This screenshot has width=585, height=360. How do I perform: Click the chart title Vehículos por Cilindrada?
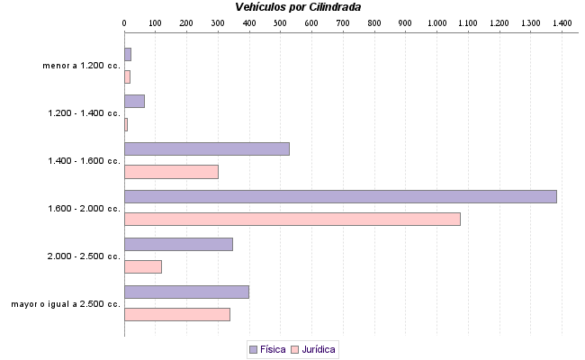point(298,7)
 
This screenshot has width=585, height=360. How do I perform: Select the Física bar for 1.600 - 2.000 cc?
point(340,196)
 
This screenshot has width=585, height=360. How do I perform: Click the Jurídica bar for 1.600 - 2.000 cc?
point(292,219)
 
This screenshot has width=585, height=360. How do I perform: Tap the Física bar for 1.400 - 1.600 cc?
point(206,148)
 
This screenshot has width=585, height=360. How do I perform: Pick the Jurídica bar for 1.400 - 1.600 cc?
point(171,172)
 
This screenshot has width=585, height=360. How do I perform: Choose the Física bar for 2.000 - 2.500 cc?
point(178,244)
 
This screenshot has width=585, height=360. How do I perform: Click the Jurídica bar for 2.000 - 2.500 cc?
point(142,266)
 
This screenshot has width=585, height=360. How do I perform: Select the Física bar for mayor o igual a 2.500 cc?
point(186,292)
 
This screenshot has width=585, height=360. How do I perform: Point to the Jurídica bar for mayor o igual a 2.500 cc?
point(176,314)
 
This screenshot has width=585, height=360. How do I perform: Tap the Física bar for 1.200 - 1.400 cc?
point(134,101)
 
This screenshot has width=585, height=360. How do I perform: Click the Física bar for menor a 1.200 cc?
point(128,54)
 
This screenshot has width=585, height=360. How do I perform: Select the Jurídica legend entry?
point(313,349)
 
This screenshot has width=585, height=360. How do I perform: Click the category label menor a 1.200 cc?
point(81,66)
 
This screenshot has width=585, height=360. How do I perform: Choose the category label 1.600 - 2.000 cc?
point(84,209)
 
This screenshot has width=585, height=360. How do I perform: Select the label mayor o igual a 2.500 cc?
point(66,304)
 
